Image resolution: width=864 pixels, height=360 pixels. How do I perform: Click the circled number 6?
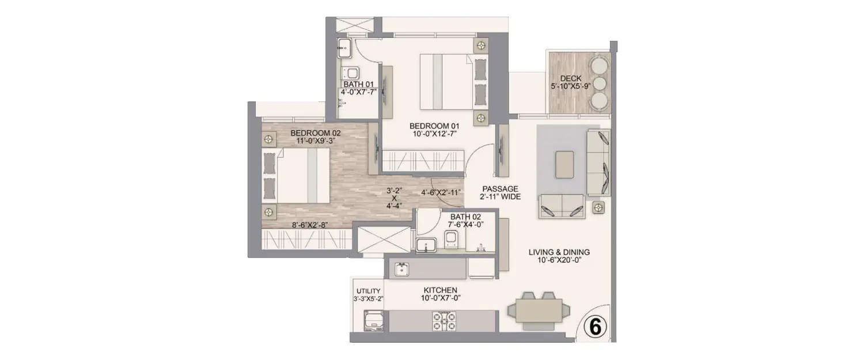(x=596, y=327)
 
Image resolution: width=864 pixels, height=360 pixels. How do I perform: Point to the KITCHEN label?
(x=440, y=290)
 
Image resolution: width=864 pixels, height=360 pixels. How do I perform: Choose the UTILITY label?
(x=368, y=291)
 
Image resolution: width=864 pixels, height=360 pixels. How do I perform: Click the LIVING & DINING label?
(x=559, y=252)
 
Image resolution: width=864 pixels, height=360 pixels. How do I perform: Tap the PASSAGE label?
(x=501, y=188)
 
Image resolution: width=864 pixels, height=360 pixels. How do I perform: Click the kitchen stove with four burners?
(x=444, y=320)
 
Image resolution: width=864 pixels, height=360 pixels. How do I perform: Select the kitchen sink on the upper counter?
(x=402, y=268)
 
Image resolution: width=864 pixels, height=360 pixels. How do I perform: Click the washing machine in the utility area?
(x=372, y=320)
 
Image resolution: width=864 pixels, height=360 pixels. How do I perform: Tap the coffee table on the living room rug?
(x=564, y=164)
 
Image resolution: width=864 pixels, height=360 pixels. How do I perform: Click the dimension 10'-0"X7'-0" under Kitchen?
(x=440, y=298)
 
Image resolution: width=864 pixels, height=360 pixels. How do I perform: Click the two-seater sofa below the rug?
(x=562, y=207)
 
